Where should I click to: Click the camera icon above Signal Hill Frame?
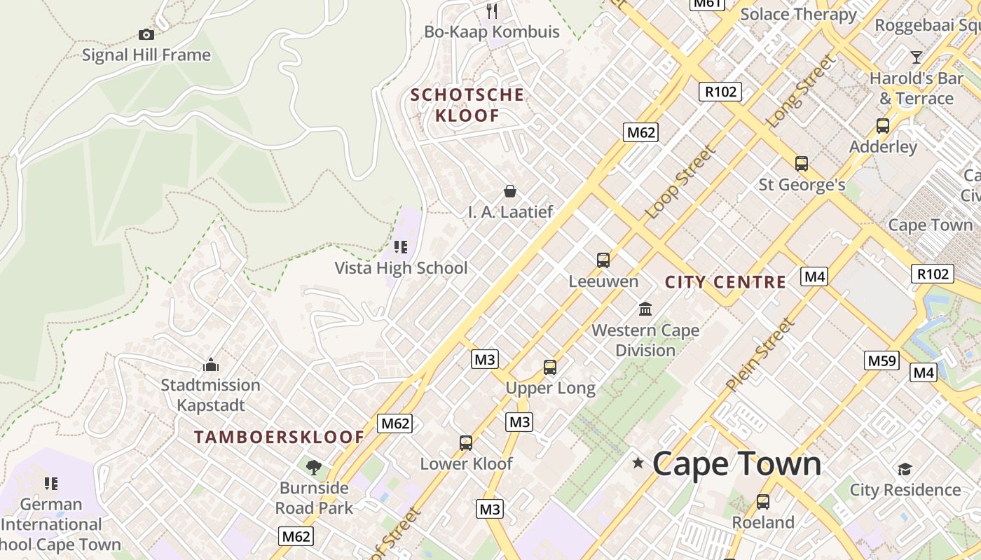146,34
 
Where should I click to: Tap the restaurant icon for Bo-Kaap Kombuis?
492,10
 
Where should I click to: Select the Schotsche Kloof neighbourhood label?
467,105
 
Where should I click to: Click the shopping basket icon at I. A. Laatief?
510,190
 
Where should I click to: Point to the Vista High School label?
401,268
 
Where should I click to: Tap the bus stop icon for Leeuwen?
603,260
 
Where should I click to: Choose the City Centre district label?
725,282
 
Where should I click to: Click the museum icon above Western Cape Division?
645,309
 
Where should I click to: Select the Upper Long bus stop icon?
550,367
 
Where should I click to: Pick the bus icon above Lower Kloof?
466,442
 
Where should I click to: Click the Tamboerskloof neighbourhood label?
280,437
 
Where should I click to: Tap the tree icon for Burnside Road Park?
314,467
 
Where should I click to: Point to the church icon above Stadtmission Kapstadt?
210,365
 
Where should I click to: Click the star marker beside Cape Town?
638,463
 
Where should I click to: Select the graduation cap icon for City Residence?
905,469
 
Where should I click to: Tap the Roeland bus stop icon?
763,501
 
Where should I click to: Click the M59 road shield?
881,361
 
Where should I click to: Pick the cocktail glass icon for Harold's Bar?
916,57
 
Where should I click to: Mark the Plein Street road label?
760,354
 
